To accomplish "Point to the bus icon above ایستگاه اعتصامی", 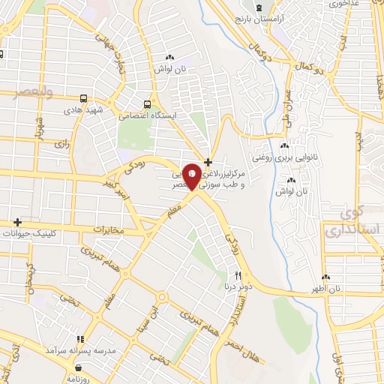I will click(148, 104).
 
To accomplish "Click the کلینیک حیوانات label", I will click(52, 234).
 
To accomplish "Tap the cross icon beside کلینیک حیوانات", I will click(17, 223).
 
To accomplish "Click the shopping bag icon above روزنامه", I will click(79, 367).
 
